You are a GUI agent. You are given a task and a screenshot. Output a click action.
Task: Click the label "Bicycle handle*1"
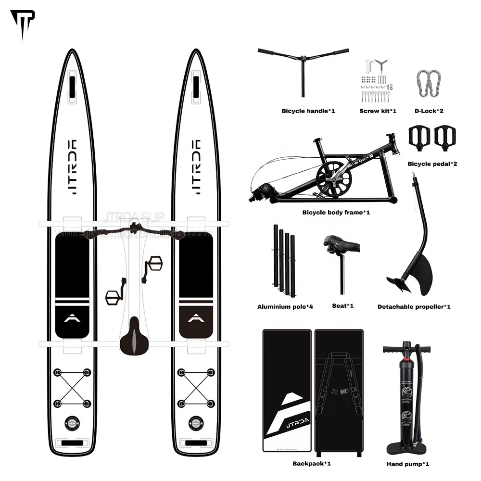point(308,111)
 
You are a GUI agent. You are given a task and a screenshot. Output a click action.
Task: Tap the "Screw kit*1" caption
point(378,111)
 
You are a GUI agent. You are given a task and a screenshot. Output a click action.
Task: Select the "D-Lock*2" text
point(429,111)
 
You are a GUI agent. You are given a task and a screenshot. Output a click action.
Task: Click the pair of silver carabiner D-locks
point(429,83)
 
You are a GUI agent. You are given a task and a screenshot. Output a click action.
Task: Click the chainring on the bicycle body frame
point(334,178)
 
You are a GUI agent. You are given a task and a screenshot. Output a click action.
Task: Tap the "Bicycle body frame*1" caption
point(336,212)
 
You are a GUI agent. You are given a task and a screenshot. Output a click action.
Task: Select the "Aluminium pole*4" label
point(285,306)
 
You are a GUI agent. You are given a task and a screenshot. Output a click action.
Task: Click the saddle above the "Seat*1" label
point(342,244)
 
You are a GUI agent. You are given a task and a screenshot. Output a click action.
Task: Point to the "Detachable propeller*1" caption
point(414,306)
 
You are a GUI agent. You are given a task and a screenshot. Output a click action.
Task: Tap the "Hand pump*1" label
point(407,464)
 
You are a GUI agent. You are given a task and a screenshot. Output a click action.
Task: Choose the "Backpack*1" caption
point(311,464)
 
